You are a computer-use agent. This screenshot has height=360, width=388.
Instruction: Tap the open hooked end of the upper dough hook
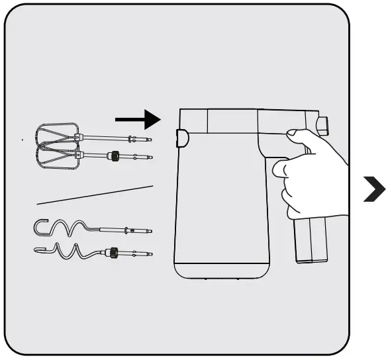click(40, 226)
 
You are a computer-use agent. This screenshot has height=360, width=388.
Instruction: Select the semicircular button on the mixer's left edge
click(181, 138)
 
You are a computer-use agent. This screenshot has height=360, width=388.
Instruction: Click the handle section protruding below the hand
click(311, 242)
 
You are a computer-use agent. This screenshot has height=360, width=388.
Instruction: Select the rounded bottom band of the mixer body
click(221, 269)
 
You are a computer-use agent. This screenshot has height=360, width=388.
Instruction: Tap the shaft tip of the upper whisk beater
click(149, 140)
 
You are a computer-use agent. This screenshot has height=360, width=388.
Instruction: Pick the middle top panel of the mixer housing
click(232, 121)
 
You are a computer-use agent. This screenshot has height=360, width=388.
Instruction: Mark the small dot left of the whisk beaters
click(23, 140)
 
